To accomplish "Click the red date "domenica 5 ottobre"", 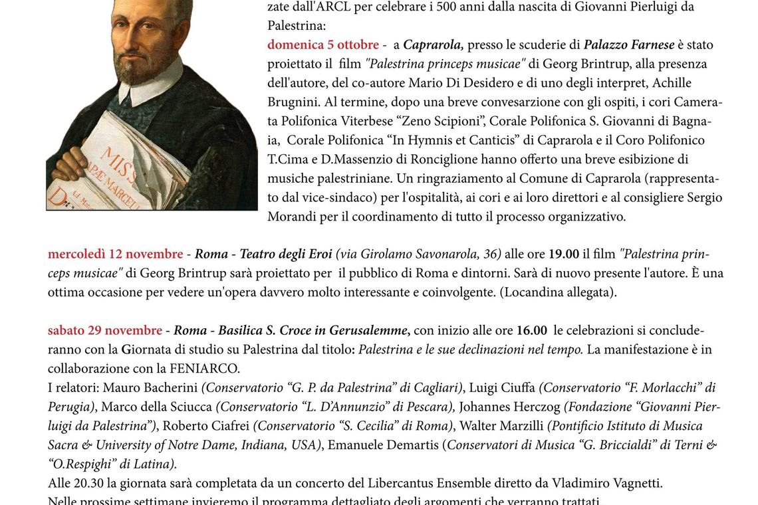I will [323, 45].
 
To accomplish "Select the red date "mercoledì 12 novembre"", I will [115, 254].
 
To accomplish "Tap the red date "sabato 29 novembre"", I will [105, 331].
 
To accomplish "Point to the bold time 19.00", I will [563, 254].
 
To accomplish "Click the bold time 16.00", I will [531, 331].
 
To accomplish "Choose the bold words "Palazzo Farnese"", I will [629, 45].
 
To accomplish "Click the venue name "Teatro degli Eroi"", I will [286, 254].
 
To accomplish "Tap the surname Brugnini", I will [295, 102].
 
